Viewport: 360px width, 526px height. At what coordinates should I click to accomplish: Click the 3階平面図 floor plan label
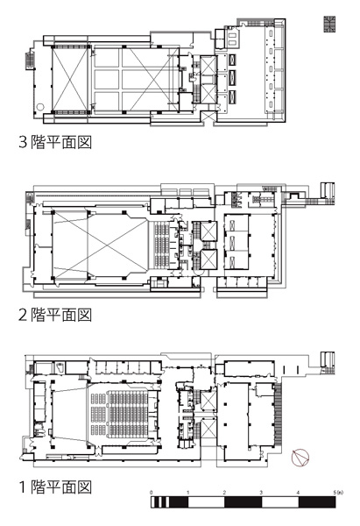tap(55, 142)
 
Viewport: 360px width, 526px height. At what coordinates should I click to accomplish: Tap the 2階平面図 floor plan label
tap(55, 315)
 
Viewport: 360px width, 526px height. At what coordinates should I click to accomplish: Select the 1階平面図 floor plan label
tap(55, 487)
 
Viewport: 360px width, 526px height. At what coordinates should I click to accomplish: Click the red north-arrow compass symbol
tap(300, 458)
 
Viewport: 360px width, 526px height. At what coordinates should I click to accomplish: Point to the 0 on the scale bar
tap(152, 493)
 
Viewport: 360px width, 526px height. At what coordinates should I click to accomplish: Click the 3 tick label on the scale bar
tap(261, 493)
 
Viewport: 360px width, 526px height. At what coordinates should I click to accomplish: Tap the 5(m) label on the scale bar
tap(338, 493)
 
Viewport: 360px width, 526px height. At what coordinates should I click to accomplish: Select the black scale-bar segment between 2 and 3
tap(243, 502)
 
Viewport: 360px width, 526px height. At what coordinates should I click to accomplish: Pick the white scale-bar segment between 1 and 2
tap(206, 502)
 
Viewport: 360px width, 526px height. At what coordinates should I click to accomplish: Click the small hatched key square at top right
tap(329, 25)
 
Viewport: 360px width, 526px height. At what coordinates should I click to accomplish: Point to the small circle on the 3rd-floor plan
tap(40, 107)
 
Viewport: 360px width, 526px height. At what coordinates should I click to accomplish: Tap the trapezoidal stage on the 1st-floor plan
tap(69, 414)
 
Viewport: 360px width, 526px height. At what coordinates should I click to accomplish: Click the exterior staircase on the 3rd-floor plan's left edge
tap(28, 60)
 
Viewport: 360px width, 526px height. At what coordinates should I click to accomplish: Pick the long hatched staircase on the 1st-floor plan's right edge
tap(279, 415)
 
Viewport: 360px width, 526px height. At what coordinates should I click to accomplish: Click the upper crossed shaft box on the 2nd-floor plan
tap(208, 231)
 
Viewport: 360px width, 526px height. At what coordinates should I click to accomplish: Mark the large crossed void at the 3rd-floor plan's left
tap(70, 79)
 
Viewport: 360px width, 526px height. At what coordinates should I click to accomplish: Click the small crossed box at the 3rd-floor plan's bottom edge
tap(208, 116)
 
